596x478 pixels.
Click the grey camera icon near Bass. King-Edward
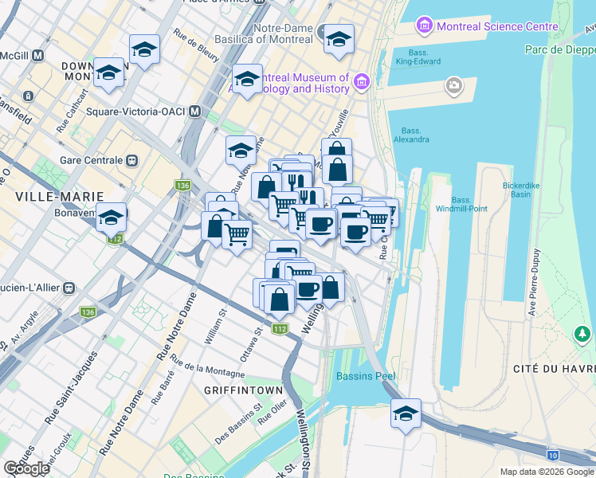pyautogui.click(x=454, y=84)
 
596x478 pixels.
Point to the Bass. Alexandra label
pyautogui.click(x=415, y=135)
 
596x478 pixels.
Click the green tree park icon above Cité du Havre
pyautogui.click(x=583, y=332)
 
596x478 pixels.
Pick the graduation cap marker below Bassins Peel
pyautogui.click(x=406, y=414)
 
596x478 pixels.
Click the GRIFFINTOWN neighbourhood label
pyautogui.click(x=243, y=390)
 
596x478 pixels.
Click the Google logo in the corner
pyautogui.click(x=27, y=468)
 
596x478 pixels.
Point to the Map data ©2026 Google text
pyautogui.click(x=546, y=472)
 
